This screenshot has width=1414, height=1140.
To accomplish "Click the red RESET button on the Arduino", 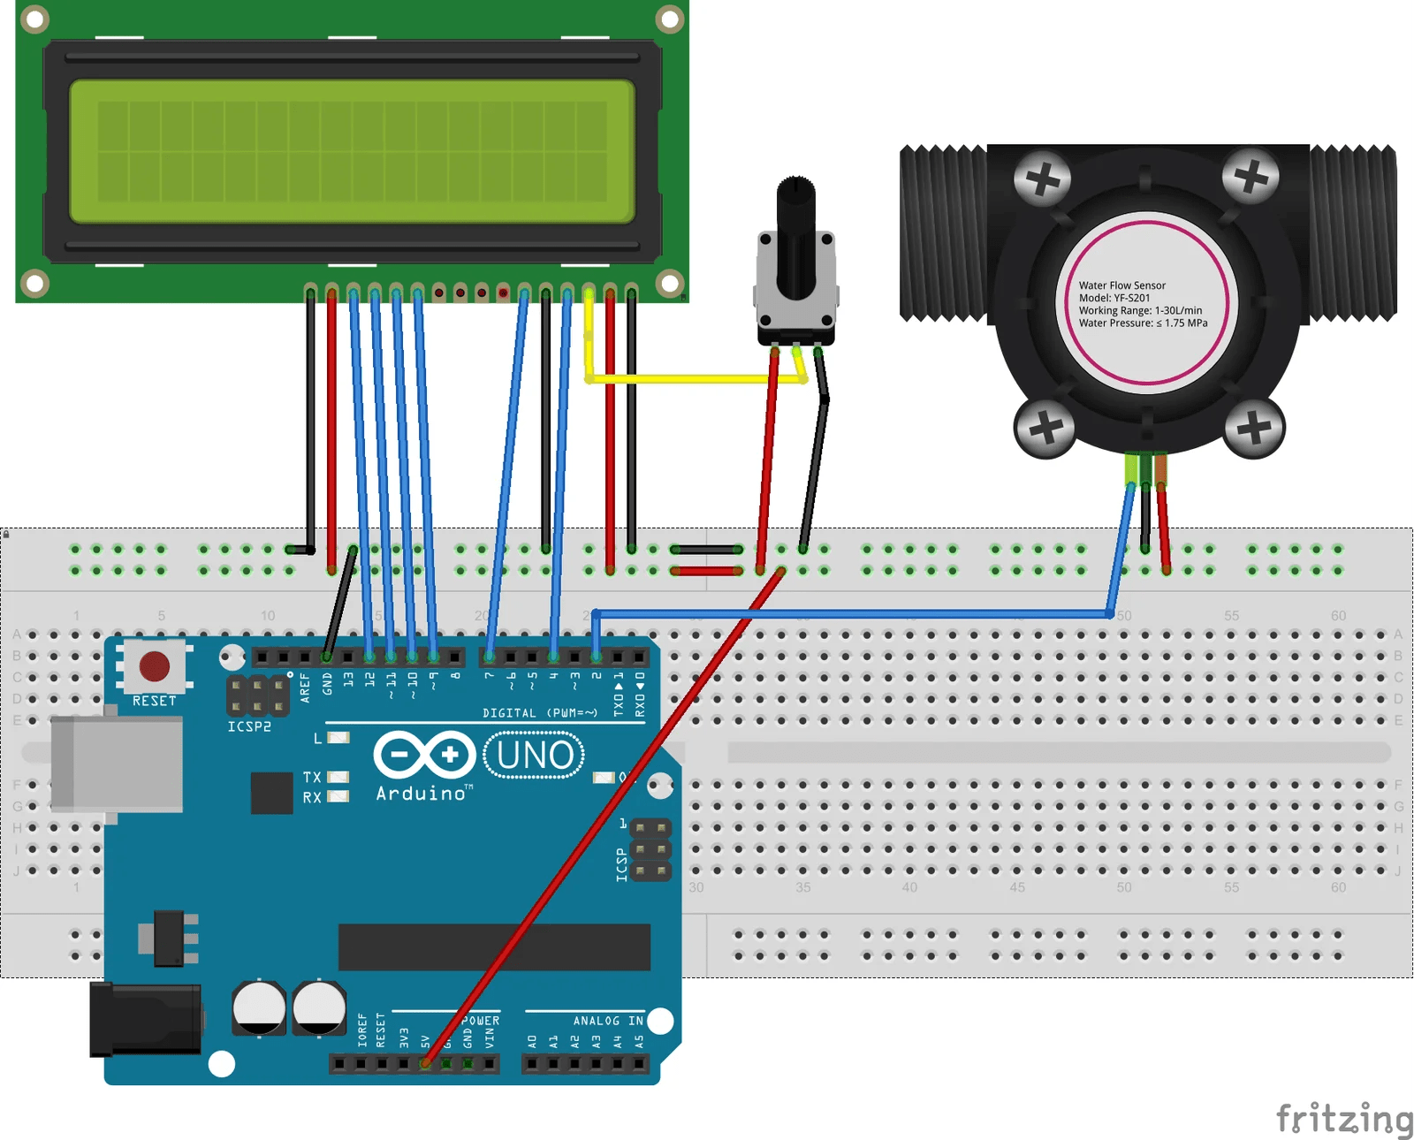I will click(x=154, y=665).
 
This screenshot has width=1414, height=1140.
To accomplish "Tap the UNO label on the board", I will click(x=535, y=756).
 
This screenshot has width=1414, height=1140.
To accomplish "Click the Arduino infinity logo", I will click(x=424, y=755).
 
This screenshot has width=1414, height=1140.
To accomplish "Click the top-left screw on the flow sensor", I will click(x=1043, y=180).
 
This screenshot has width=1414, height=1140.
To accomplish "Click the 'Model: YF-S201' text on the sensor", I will click(x=1114, y=298).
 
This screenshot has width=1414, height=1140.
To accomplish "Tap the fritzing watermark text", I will click(x=1344, y=1118).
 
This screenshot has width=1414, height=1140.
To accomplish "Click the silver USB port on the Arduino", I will click(x=117, y=764).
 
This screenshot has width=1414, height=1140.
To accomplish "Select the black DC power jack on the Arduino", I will click(x=145, y=1020).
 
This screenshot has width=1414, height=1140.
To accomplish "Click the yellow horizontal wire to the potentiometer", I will click(x=694, y=379).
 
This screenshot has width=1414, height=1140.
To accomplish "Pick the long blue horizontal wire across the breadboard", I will click(x=848, y=613).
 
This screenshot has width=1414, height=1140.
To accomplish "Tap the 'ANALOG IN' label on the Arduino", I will click(x=608, y=1021).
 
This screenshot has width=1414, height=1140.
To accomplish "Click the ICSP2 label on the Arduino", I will click(x=249, y=726).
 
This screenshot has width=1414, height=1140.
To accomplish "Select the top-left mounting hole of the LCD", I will click(x=34, y=19).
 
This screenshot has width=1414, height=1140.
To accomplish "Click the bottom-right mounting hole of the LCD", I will click(x=670, y=284).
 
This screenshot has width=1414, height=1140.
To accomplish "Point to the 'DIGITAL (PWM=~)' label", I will click(x=539, y=712).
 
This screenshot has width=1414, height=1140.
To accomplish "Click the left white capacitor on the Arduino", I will click(x=259, y=1007).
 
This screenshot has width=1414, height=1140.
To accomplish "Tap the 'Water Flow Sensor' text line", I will click(x=1121, y=285).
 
